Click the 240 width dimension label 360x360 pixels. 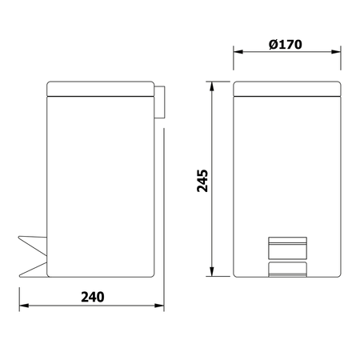pos(93,297)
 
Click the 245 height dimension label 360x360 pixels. pos(202,181)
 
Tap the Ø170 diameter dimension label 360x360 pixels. pos(286,44)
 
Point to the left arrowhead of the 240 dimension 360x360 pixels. pos(24,306)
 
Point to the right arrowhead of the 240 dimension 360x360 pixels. pos(159,306)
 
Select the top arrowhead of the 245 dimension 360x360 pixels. pos(212,86)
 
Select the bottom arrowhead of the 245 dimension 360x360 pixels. pos(212,271)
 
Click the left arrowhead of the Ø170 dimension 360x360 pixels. pos(238,52)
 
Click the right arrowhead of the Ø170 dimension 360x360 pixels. pos(336,52)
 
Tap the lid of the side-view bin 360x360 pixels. pos(101,89)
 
